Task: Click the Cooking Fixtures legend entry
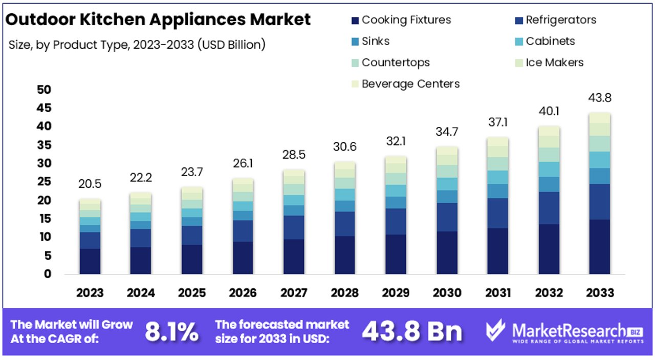pyautogui.click(x=406, y=20)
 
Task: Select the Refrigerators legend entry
pyautogui.click(x=560, y=20)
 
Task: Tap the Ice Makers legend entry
pyautogui.click(x=554, y=63)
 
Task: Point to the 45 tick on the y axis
pyautogui.click(x=44, y=108)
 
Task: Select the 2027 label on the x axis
pyautogui.click(x=294, y=293)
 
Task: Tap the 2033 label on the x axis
pyautogui.click(x=600, y=293)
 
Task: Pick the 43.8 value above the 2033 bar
pyautogui.click(x=600, y=98)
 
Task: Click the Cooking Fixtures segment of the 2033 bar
pyautogui.click(x=600, y=247)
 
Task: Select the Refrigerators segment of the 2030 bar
pyautogui.click(x=447, y=217)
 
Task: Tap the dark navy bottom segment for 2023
pyautogui.click(x=90, y=261)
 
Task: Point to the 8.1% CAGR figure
pyautogui.click(x=171, y=332)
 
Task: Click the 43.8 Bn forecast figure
pyautogui.click(x=412, y=332)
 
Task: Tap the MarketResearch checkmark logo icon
pyautogui.click(x=495, y=331)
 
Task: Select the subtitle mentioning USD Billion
pyautogui.click(x=137, y=45)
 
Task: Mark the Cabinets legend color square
pyautogui.click(x=518, y=42)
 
